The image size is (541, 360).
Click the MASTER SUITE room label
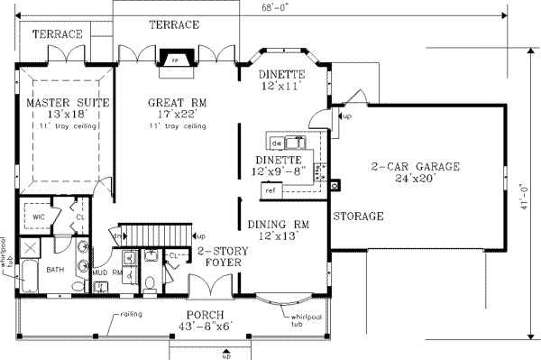pyautogui.click(x=68, y=104)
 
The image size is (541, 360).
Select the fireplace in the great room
pyautogui.click(x=176, y=60)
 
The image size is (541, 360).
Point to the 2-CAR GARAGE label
pyautogui.click(x=416, y=167)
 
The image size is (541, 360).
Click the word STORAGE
pyautogui.click(x=358, y=217)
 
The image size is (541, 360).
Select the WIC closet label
pyautogui.click(x=39, y=217)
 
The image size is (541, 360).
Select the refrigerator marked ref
pyautogui.click(x=270, y=190)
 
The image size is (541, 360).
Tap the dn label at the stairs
pyautogui.click(x=116, y=236)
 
